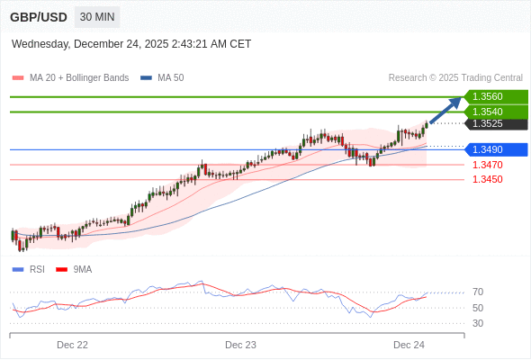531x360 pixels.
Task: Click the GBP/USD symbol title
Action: pos(37,17)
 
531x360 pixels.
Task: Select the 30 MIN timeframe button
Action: pos(97,17)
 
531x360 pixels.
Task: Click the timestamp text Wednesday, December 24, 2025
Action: pos(131,44)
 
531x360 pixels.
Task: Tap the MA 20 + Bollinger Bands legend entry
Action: pos(71,78)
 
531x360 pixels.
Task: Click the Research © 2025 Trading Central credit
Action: pos(455,78)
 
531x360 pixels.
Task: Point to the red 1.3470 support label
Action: pos(487,165)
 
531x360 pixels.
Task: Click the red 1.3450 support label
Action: pos(487,179)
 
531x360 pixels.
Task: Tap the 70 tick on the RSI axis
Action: pos(477,292)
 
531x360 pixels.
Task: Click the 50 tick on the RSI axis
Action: pos(477,308)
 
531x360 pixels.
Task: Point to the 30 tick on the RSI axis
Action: pos(477,323)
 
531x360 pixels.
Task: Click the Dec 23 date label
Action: pos(240,345)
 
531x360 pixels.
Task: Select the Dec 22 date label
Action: pos(72,345)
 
